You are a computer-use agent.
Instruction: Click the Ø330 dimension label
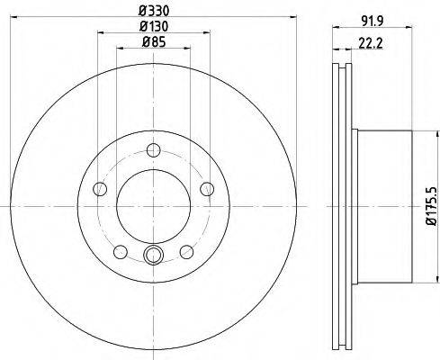click(x=154, y=11)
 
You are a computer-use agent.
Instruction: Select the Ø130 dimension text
click(x=154, y=26)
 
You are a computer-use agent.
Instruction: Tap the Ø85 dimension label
click(x=154, y=42)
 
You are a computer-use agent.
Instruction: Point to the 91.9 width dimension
click(x=373, y=21)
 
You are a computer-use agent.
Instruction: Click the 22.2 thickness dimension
click(x=371, y=44)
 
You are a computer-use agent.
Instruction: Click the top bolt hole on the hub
click(x=154, y=149)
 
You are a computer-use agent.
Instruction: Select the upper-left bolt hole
click(x=100, y=189)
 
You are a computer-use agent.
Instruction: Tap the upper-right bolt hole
click(x=207, y=189)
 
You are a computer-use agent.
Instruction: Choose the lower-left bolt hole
click(x=121, y=252)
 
